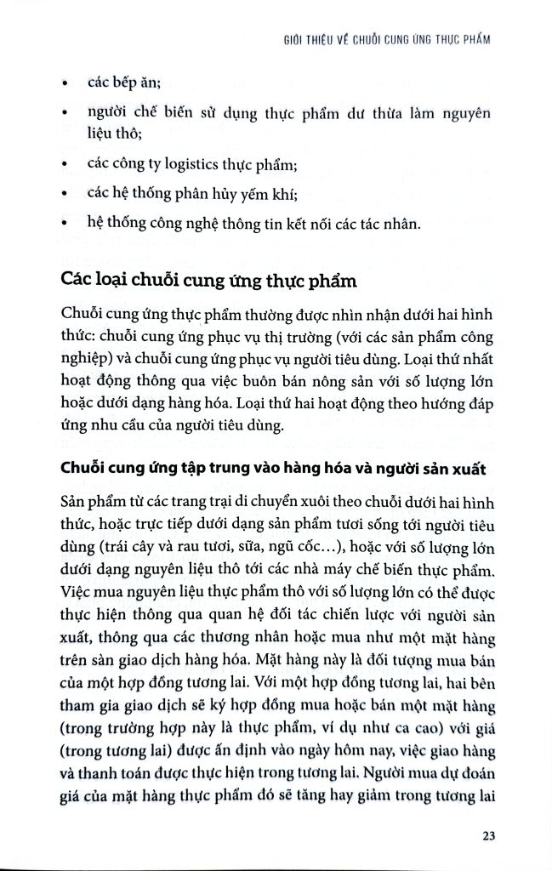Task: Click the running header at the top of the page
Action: pyautogui.click(x=389, y=39)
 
